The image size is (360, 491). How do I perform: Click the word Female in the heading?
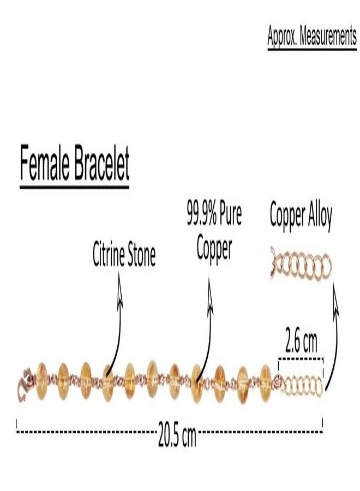click(x=44, y=163)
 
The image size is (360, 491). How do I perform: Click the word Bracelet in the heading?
click(x=102, y=163)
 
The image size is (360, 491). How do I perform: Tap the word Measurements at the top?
click(x=328, y=36)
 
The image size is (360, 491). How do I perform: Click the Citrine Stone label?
click(x=124, y=254)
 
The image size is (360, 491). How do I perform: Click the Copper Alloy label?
click(x=301, y=217)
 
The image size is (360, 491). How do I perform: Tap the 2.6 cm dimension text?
click(x=301, y=342)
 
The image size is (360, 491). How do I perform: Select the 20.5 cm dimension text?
click(x=177, y=434)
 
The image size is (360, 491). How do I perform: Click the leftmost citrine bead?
click(x=41, y=381)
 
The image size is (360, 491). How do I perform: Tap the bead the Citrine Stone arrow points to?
click(x=108, y=382)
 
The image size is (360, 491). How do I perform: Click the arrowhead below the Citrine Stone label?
click(x=119, y=290)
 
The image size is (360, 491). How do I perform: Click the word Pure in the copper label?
click(x=231, y=214)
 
